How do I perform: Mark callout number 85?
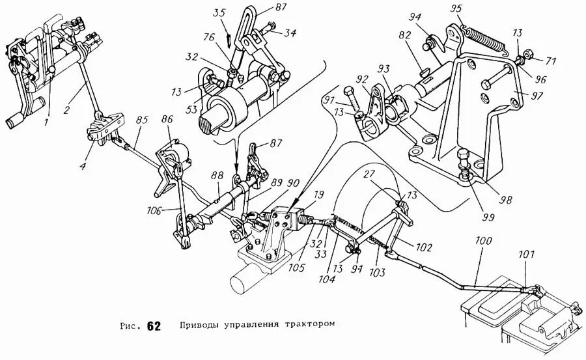pos(142,120)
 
